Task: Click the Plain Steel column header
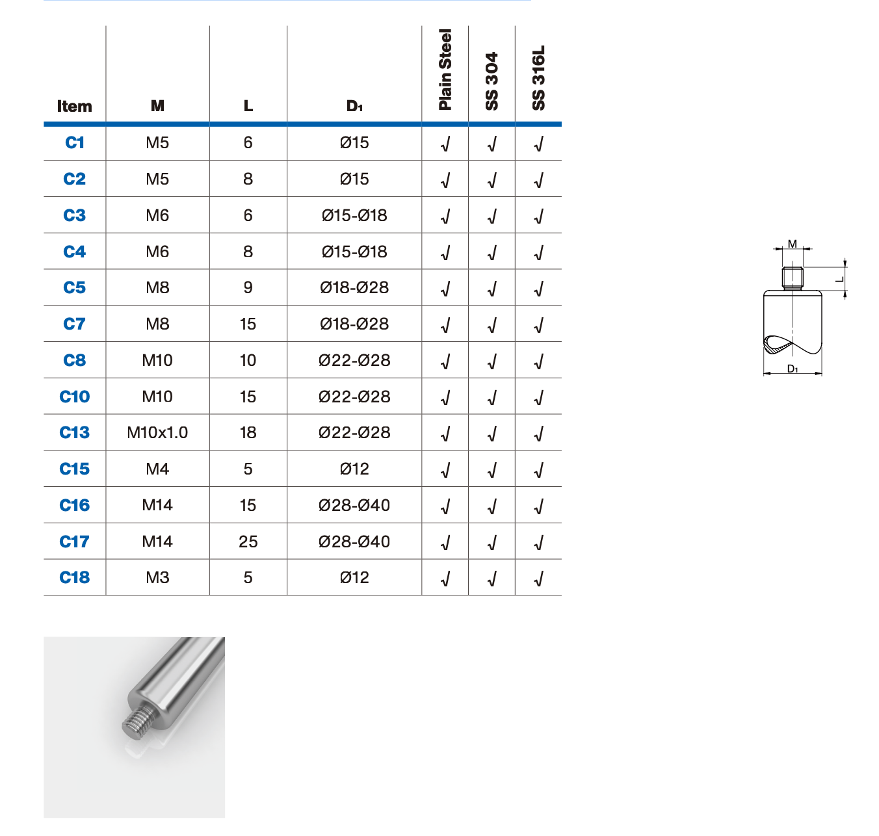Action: pos(445,70)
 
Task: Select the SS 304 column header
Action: pos(492,81)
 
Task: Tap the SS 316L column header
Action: pos(538,77)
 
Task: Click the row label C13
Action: pos(74,432)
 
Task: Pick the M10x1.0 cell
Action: pos(157,432)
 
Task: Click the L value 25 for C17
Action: pos(248,542)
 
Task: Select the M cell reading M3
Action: pos(157,577)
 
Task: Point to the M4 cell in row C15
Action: pos(157,469)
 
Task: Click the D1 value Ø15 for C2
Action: pos(354,179)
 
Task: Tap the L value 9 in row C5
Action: pos(248,287)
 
